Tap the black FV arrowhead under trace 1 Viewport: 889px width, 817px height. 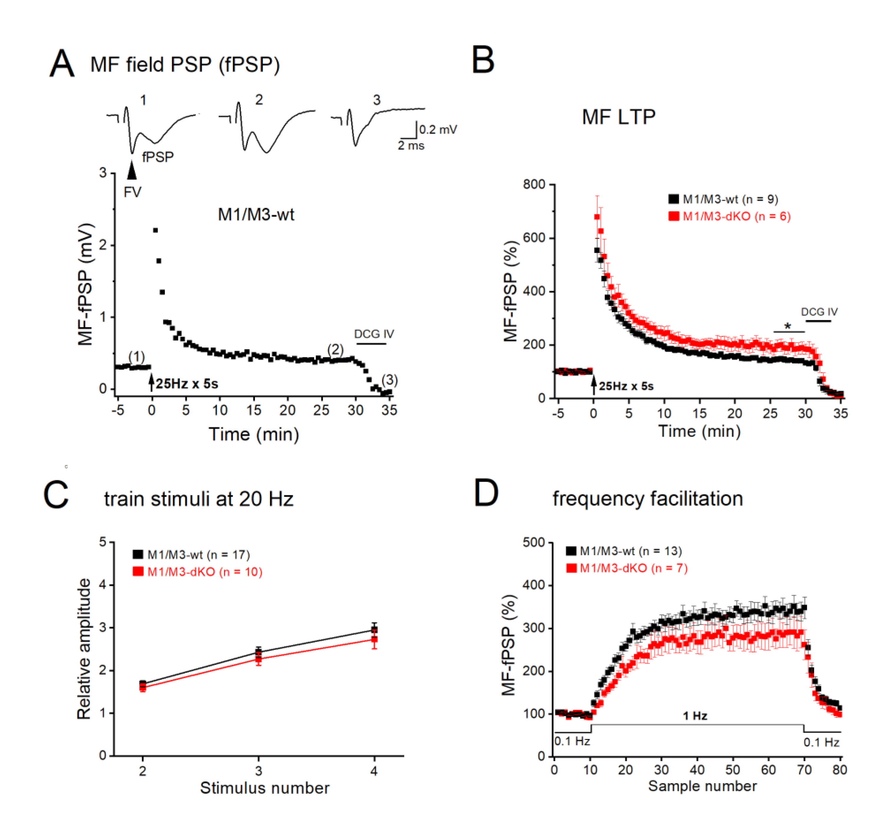(x=132, y=171)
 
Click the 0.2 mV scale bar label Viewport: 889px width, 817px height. (x=438, y=129)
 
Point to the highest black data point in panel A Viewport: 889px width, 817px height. (x=155, y=230)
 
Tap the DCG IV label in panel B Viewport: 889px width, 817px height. (x=819, y=312)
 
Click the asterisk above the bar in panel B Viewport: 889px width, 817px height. (x=788, y=326)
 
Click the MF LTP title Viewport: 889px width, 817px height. (x=618, y=117)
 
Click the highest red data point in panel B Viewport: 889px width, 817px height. (x=597, y=217)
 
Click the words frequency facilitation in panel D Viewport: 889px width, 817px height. (x=648, y=499)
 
